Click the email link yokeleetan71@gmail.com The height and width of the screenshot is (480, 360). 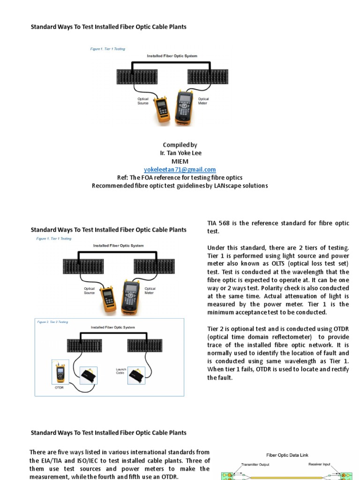pyautogui.click(x=180, y=170)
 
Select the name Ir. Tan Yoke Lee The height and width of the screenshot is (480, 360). pyautogui.click(x=180, y=153)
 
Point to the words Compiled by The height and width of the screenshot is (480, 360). pyautogui.click(x=180, y=145)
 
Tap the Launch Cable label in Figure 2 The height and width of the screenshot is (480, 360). pyautogui.click(x=121, y=371)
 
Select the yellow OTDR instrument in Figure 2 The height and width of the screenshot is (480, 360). pyautogui.click(x=60, y=373)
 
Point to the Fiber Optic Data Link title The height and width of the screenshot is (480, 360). pyautogui.click(x=287, y=455)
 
